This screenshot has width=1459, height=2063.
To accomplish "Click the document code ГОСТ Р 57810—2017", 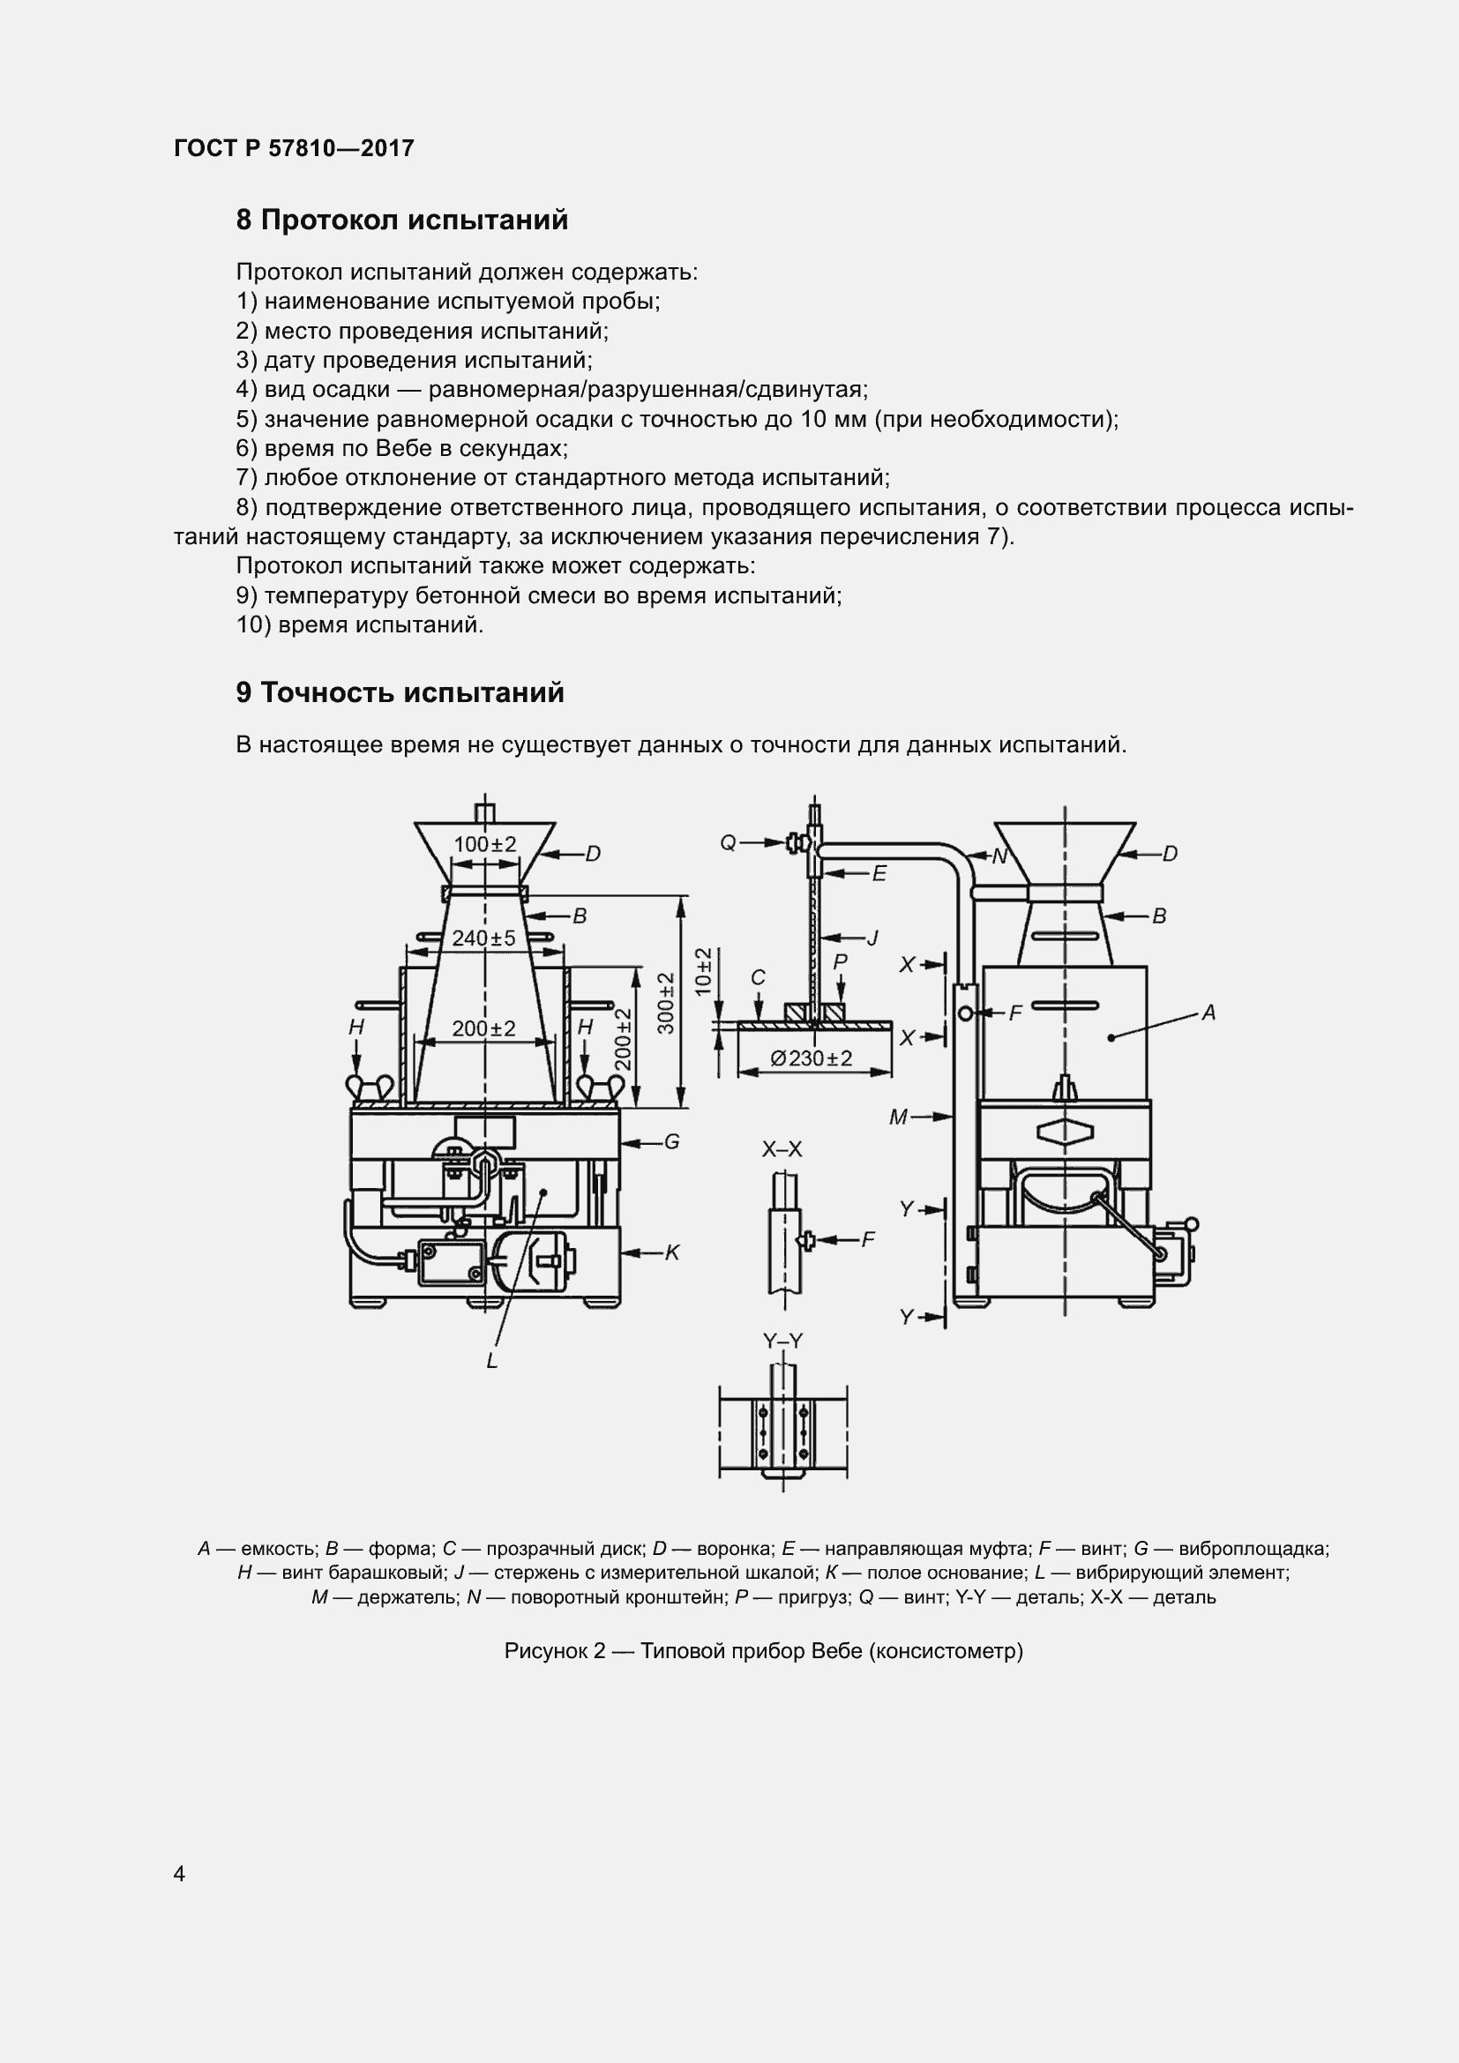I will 294,148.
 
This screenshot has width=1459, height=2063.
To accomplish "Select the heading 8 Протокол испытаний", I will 401,221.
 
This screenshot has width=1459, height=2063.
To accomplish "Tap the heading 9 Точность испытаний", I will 400,692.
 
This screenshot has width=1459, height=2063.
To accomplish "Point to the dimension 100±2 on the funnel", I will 485,845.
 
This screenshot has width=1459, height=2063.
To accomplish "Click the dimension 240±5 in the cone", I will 484,938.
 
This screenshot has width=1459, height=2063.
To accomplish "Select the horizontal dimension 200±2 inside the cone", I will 484,1028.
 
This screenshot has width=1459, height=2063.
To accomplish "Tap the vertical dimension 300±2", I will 667,1003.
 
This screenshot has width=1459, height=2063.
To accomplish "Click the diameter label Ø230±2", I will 812,1058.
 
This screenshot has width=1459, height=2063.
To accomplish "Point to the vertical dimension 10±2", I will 703,970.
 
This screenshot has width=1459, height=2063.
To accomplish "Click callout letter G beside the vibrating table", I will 671,1142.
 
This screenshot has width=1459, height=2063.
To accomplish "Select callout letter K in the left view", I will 672,1252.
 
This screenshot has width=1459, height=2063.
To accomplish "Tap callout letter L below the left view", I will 491,1361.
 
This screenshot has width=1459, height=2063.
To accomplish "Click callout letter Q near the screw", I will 728,843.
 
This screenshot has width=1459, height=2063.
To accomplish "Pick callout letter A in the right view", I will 1208,1013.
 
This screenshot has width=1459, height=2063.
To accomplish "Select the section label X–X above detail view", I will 782,1148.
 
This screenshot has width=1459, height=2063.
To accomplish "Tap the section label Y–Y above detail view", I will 782,1341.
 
